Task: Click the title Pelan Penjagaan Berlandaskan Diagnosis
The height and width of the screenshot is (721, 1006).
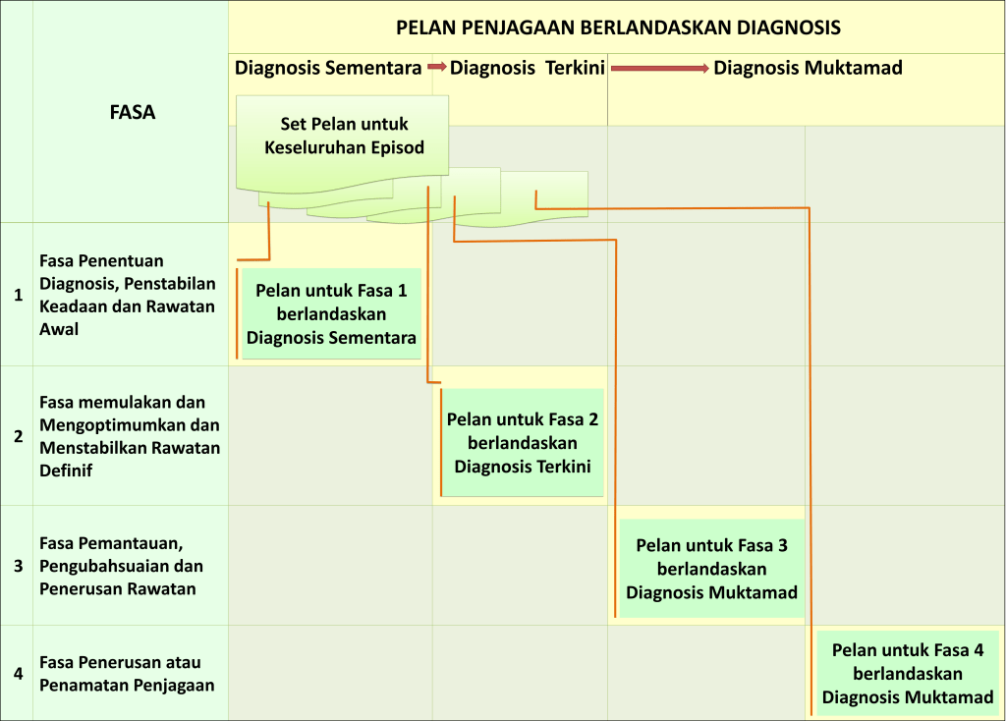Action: [x=618, y=28]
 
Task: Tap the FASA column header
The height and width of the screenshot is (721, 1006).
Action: [x=133, y=112]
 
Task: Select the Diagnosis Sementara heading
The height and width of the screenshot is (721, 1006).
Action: [x=328, y=68]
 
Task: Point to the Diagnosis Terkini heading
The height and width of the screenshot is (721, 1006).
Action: [x=528, y=68]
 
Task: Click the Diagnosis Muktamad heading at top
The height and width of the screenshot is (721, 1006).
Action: [x=808, y=68]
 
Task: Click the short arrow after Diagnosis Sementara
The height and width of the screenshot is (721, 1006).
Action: [x=437, y=67]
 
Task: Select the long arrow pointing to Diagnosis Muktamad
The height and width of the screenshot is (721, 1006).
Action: [x=660, y=68]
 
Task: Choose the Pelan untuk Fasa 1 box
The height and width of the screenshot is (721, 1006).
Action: [x=331, y=313]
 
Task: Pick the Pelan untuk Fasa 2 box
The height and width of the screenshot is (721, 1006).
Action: [x=523, y=443]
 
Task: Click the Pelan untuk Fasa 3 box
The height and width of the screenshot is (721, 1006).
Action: [x=711, y=569]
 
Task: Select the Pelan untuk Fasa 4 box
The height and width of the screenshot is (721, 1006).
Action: [x=907, y=674]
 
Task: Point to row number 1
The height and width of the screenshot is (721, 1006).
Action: [x=18, y=295]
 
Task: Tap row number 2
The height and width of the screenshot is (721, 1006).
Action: [x=18, y=436]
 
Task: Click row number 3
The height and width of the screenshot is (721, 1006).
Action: [x=18, y=566]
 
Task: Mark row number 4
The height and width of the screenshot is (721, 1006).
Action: [x=18, y=674]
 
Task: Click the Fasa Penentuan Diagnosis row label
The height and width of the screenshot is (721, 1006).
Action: [x=127, y=295]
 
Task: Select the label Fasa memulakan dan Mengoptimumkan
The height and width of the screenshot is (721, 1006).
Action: [x=130, y=436]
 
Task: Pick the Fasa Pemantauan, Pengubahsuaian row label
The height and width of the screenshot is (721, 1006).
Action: [x=121, y=566]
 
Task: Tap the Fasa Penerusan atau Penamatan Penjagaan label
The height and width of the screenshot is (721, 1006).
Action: [x=127, y=674]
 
